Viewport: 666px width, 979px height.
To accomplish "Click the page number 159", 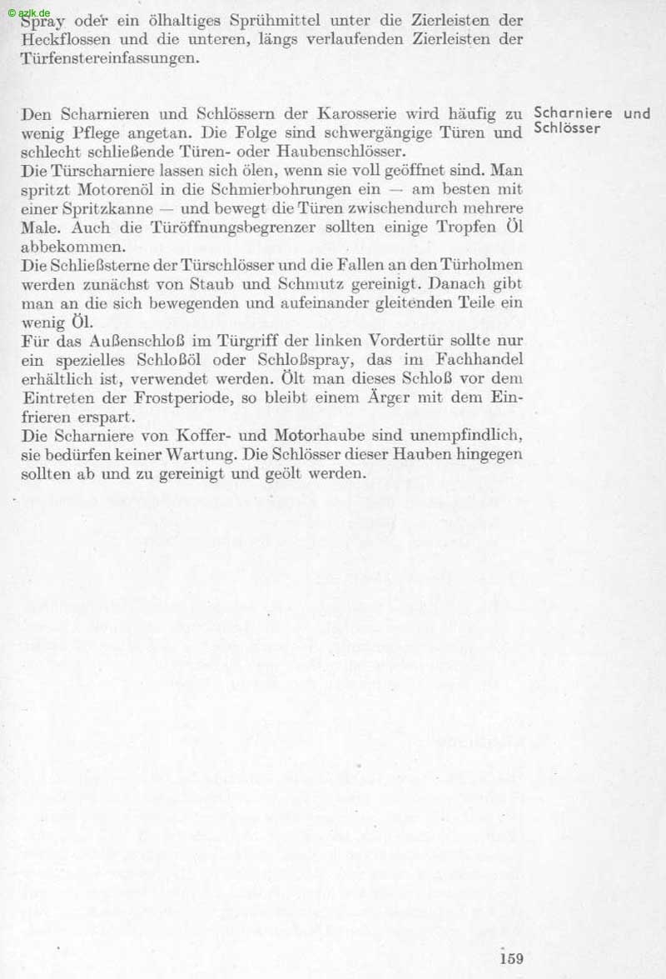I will tap(511, 958).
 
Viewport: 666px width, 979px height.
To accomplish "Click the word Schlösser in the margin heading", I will tap(567, 128).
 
